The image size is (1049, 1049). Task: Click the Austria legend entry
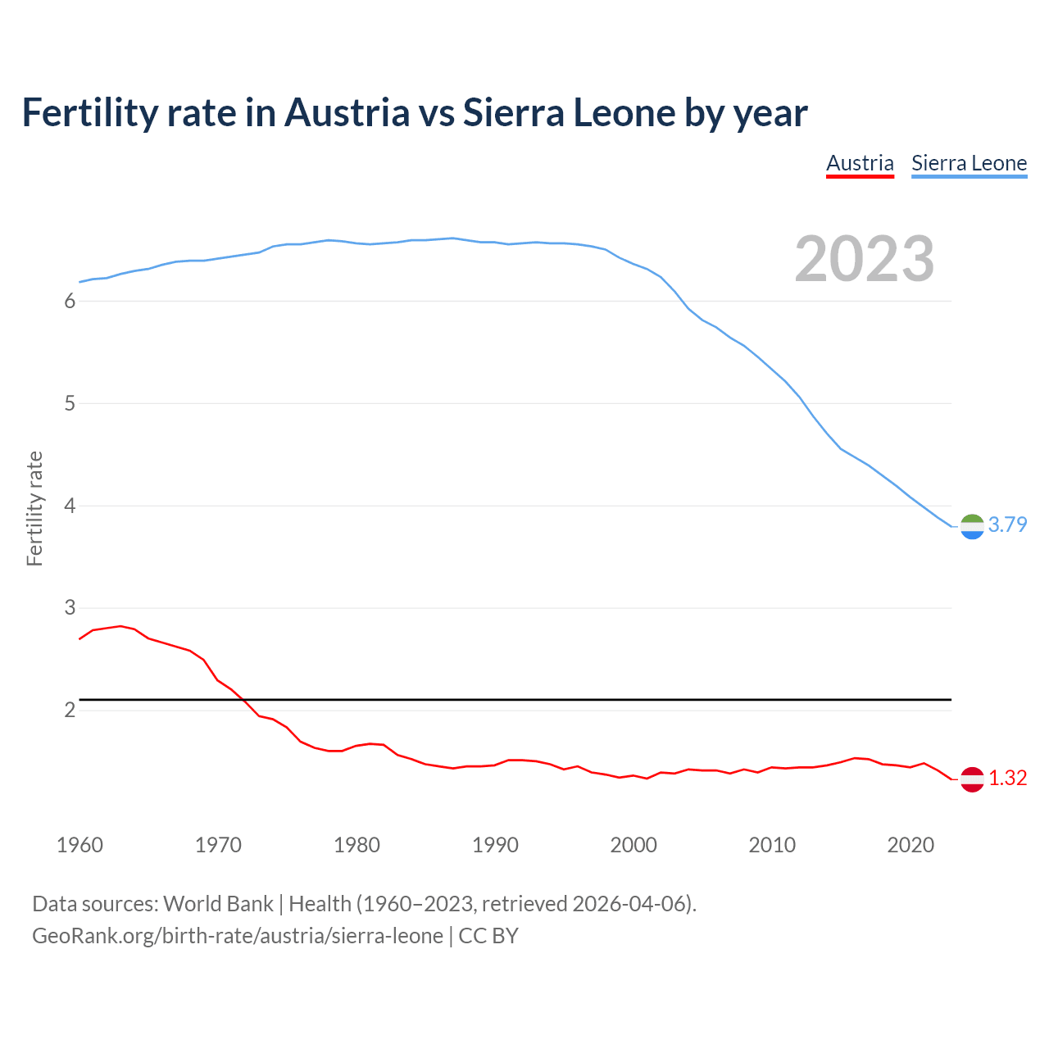pyautogui.click(x=860, y=163)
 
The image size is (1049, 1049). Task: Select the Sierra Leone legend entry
pyautogui.click(x=969, y=163)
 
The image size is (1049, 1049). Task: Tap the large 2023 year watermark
pyautogui.click(x=865, y=259)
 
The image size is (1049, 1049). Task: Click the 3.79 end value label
pyautogui.click(x=1007, y=524)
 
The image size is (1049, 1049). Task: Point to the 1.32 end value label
pyautogui.click(x=1007, y=778)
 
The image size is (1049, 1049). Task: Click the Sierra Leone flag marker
pyautogui.click(x=972, y=526)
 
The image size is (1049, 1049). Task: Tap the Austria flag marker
pyautogui.click(x=972, y=779)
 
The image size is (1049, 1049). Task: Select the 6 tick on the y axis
pyautogui.click(x=70, y=302)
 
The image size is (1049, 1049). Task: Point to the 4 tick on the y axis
pyautogui.click(x=70, y=506)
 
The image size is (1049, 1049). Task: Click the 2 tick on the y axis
pyautogui.click(x=70, y=710)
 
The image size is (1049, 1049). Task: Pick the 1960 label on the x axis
pyautogui.click(x=79, y=845)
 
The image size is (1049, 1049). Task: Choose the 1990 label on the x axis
pyautogui.click(x=495, y=845)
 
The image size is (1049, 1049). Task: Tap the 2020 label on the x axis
pyautogui.click(x=910, y=845)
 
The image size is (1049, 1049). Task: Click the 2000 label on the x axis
pyautogui.click(x=633, y=845)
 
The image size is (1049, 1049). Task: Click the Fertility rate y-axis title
pyautogui.click(x=34, y=508)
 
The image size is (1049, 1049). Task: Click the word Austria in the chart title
pyautogui.click(x=347, y=112)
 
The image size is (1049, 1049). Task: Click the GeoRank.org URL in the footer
pyautogui.click(x=238, y=936)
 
